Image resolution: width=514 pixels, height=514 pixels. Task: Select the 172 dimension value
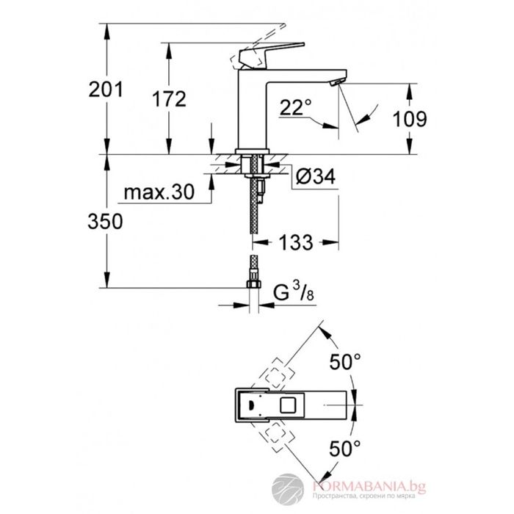point(170,99)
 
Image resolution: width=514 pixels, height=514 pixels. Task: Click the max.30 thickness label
point(158,193)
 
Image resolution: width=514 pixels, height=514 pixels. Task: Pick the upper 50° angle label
point(345,362)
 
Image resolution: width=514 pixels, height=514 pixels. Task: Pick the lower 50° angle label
point(345,446)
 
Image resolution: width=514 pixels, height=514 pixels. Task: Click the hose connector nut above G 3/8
point(255,282)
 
